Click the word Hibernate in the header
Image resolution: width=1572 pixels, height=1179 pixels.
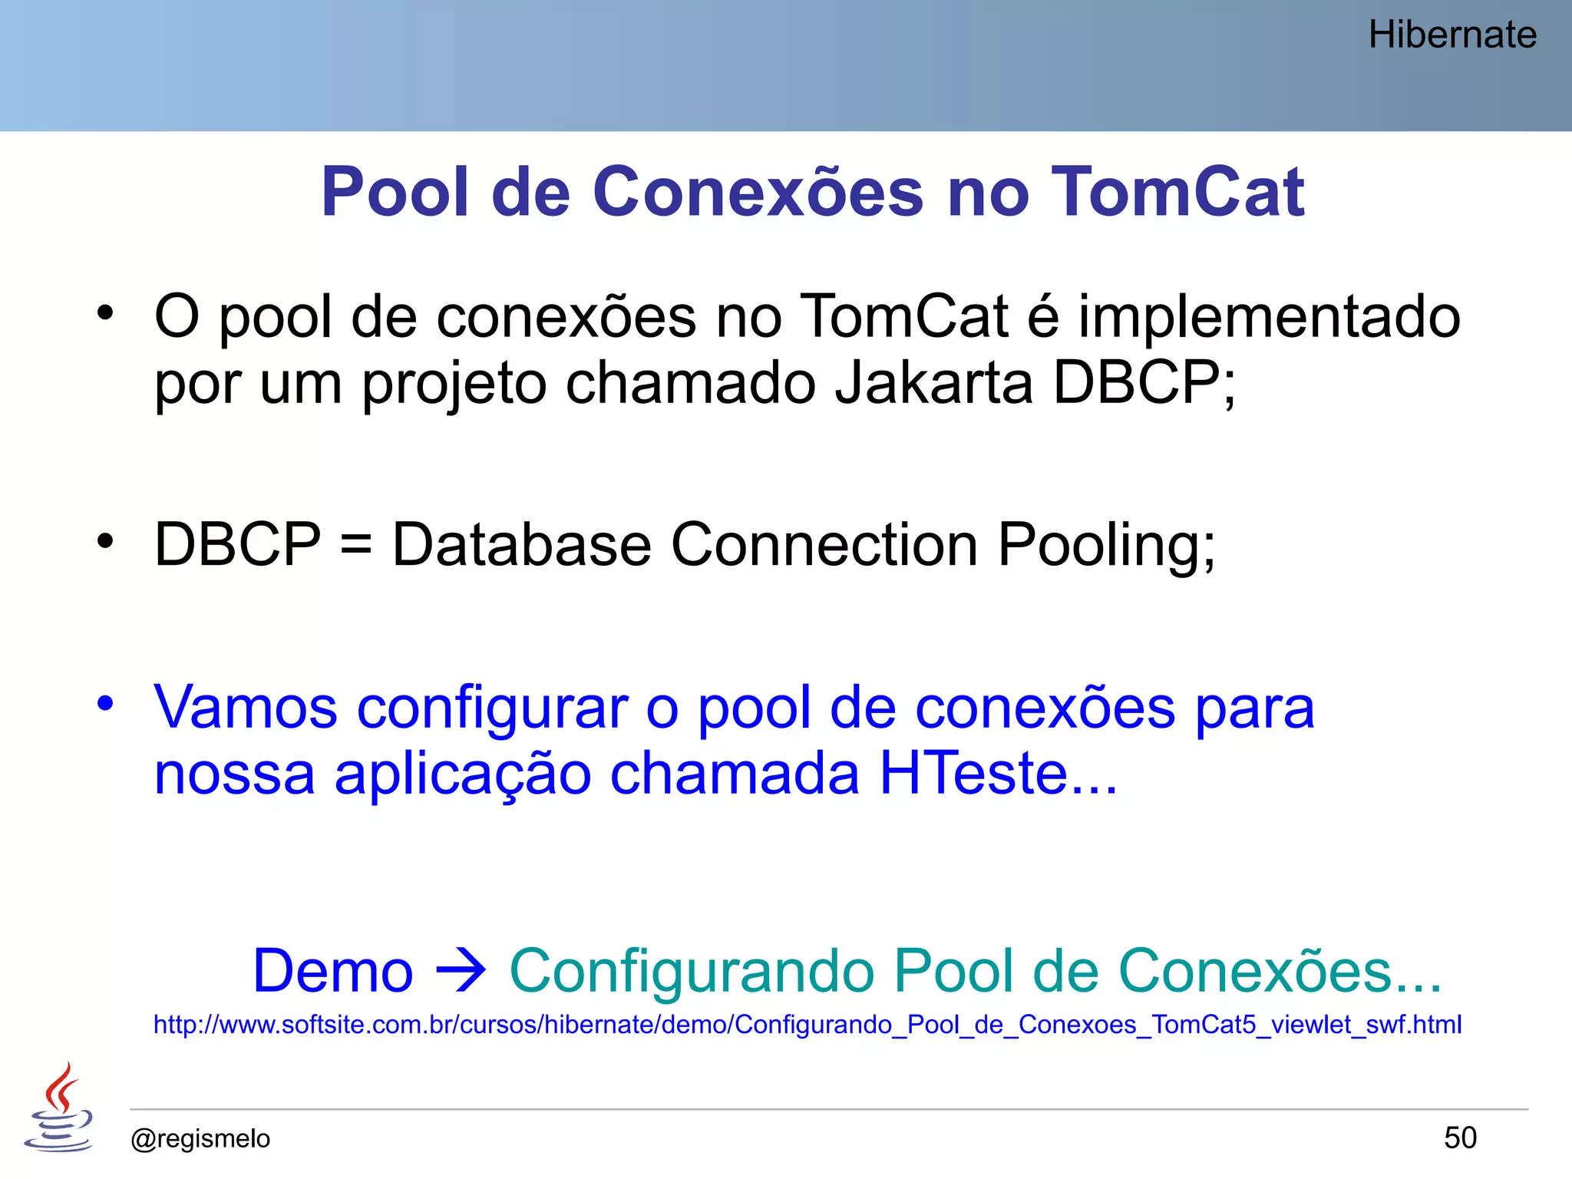pyautogui.click(x=1452, y=35)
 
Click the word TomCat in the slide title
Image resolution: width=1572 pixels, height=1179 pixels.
pyautogui.click(x=1177, y=192)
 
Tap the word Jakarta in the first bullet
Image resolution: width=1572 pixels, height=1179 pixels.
pyautogui.click(x=933, y=382)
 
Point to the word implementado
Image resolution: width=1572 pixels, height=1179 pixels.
pyautogui.click(x=1269, y=316)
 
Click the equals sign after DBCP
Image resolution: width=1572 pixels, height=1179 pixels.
pyautogui.click(x=356, y=545)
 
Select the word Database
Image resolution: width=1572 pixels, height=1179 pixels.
pyautogui.click(x=522, y=545)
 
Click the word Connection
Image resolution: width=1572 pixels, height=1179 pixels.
pyautogui.click(x=824, y=545)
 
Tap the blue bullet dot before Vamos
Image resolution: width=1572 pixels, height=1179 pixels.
pyautogui.click(x=105, y=703)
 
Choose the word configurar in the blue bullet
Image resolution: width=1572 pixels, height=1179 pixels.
pyautogui.click(x=492, y=708)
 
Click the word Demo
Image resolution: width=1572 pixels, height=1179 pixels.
pyautogui.click(x=333, y=971)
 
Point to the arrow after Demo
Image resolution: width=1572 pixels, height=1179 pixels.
pyautogui.click(x=461, y=971)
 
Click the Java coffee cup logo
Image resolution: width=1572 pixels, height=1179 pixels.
pyautogui.click(x=59, y=1107)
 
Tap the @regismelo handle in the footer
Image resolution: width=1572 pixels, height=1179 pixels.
pyautogui.click(x=200, y=1138)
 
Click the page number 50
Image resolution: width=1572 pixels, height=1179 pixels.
pyautogui.click(x=1460, y=1138)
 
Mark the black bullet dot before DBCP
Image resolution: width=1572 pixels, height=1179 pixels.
pyautogui.click(x=105, y=541)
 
